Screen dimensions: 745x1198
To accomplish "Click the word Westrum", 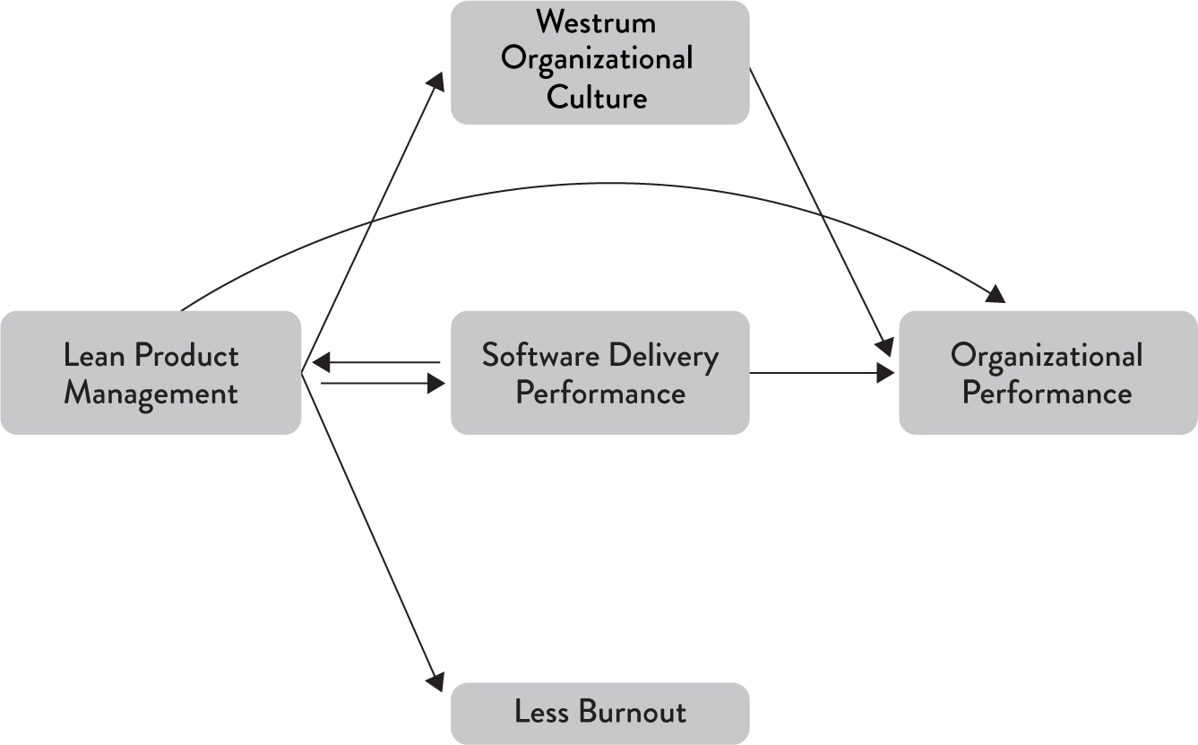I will click(597, 22).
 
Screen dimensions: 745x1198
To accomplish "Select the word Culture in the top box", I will click(597, 97).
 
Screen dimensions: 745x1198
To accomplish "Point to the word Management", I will click(151, 394).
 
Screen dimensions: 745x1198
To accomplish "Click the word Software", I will click(540, 356).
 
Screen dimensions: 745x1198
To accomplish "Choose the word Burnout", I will click(633, 713).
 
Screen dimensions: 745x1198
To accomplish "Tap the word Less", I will click(542, 713).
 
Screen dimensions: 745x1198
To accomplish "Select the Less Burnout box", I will click(599, 713).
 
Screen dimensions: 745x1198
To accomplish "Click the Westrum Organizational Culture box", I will click(599, 62).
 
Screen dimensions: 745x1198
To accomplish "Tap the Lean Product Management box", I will click(151, 373).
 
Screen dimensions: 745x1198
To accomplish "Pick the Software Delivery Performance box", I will click(599, 373).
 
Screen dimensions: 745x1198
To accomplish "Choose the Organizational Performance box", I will click(1047, 373).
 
